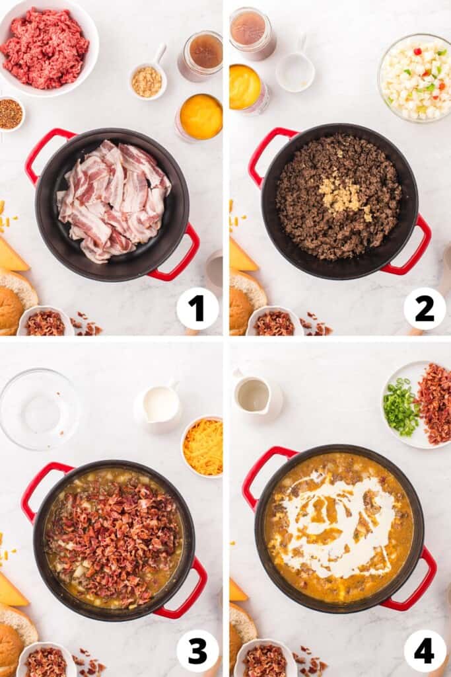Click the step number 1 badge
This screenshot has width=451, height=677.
coord(197,308)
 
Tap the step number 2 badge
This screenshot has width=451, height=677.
coord(424,308)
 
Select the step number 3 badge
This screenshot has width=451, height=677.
coord(197,651)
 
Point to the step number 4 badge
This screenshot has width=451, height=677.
coord(424,651)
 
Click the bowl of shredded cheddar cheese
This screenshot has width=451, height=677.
coord(203,446)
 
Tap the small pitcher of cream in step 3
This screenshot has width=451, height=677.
coord(158,405)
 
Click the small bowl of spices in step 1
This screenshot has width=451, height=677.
coord(10,114)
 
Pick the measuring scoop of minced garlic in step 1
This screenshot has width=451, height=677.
coord(147,81)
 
